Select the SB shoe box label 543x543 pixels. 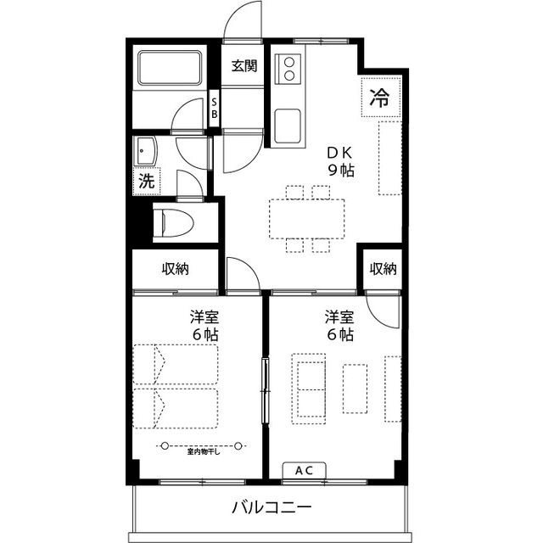tap(215, 108)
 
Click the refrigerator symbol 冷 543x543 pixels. tap(379, 96)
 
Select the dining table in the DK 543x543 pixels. tap(308, 218)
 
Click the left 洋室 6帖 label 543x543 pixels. tap(204, 326)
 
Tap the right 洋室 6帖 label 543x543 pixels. tap(339, 326)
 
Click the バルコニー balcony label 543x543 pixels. tap(272, 509)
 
